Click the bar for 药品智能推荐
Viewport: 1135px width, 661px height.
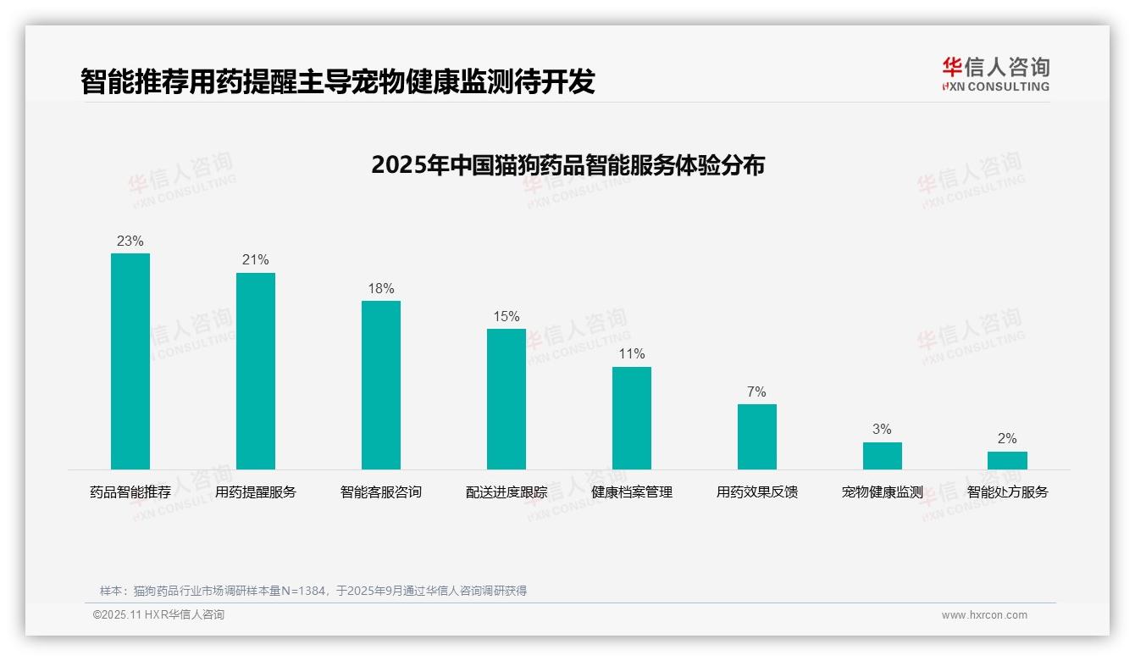pos(130,361)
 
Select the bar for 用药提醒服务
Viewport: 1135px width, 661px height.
pos(256,370)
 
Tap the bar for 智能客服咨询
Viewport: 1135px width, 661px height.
pos(381,385)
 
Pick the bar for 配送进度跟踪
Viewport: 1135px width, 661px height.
pos(507,399)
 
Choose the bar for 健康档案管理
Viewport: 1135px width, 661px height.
pos(632,418)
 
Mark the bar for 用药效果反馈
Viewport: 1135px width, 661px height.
pos(757,436)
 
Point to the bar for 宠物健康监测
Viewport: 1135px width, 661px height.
pos(883,456)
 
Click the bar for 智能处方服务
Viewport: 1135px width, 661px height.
pos(1007,460)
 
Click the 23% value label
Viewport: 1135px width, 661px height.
pos(130,242)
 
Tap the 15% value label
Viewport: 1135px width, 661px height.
pos(507,317)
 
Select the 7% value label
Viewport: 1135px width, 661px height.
pos(757,392)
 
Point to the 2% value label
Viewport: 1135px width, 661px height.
pos(1007,439)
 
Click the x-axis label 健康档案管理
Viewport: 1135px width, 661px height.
pos(632,492)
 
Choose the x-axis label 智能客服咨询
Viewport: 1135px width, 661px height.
pos(381,492)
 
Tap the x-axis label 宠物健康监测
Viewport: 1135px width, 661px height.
pos(883,492)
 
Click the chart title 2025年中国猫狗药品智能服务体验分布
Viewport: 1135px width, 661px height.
pos(567,165)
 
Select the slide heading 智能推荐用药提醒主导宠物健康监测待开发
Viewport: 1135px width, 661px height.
pos(338,82)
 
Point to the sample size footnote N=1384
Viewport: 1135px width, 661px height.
pos(313,591)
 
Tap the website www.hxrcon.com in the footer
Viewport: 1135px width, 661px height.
pos(984,615)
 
